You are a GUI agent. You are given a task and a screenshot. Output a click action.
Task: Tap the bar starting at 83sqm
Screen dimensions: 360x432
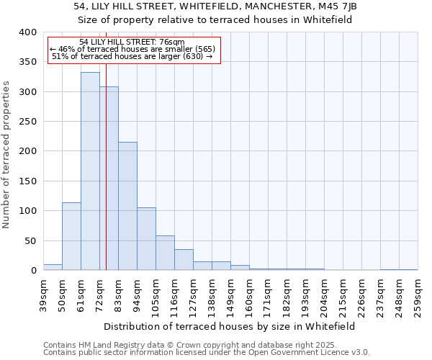tap(127, 206)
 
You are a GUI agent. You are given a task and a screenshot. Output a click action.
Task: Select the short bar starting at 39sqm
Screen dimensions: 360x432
tap(53, 267)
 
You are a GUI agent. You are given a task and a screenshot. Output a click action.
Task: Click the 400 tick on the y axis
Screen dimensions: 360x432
tap(27, 32)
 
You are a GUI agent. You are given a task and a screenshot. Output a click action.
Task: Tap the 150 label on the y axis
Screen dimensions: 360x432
tap(27, 181)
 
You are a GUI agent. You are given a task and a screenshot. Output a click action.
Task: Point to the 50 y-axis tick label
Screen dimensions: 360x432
tap(30, 240)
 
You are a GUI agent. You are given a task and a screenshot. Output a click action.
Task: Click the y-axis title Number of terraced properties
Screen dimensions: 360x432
tap(8, 154)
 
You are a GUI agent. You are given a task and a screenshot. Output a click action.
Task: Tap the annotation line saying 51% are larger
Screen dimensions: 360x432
tap(132, 56)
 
